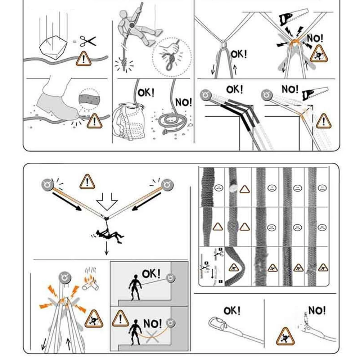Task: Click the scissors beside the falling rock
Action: coord(88,41)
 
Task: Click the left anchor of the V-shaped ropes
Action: coord(47,183)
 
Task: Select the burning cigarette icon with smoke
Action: coord(90,282)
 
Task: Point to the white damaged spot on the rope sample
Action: coord(233,187)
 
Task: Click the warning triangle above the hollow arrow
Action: coord(86,182)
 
